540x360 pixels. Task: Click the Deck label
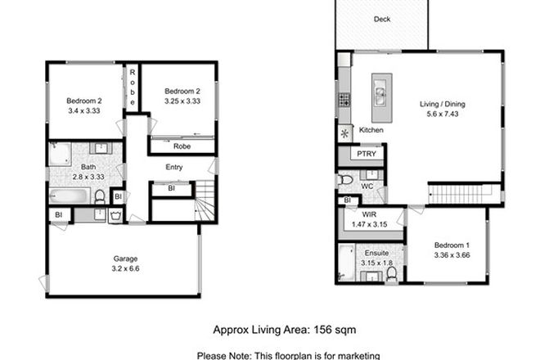coord(381,19)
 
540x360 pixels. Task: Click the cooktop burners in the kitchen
coord(344,101)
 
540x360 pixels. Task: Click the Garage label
coord(124,258)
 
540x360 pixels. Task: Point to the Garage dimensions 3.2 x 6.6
coord(124,268)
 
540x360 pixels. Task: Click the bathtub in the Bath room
coord(68,196)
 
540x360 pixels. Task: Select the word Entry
coord(174,168)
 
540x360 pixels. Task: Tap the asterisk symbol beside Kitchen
coord(344,133)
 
